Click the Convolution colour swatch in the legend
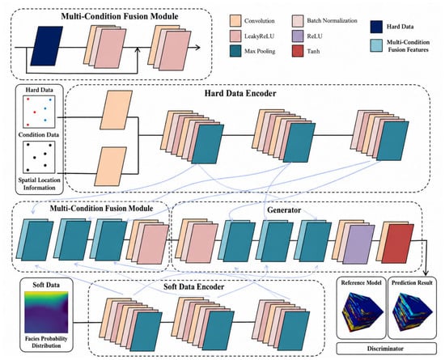(x=235, y=21)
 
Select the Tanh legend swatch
(x=298, y=51)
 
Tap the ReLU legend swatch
(x=298, y=36)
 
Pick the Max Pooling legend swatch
(x=235, y=51)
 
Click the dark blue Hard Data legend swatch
(x=376, y=27)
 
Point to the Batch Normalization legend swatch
(x=298, y=21)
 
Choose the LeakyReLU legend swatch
(x=235, y=36)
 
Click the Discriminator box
(x=386, y=349)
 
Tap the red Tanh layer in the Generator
(x=397, y=244)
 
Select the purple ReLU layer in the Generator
(x=358, y=244)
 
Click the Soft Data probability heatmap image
(x=46, y=311)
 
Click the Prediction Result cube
(x=413, y=311)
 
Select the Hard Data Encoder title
(x=240, y=93)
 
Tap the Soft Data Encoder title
(x=194, y=287)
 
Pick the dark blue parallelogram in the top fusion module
(x=47, y=46)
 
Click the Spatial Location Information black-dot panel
(x=39, y=158)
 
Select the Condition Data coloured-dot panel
(x=39, y=112)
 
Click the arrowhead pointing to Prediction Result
(x=426, y=273)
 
